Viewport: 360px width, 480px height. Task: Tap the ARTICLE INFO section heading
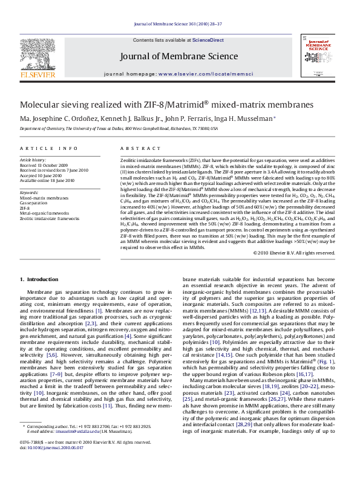coord(49,148)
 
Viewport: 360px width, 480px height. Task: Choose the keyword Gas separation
coord(36,203)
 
